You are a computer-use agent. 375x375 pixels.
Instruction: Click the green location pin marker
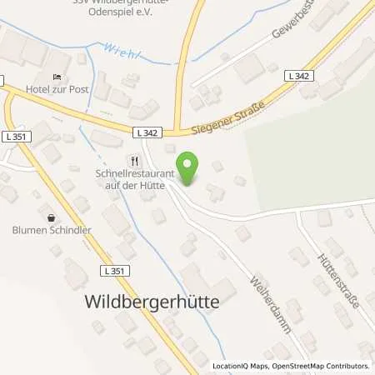point(190,169)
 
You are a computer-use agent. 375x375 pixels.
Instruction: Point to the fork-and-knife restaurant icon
point(132,161)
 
